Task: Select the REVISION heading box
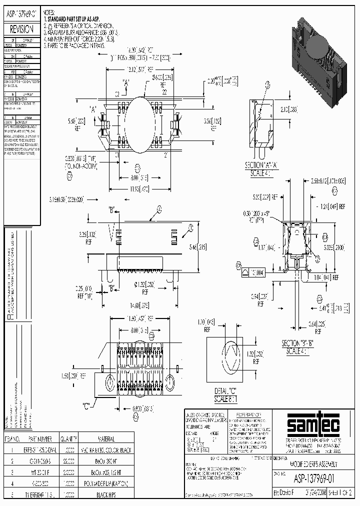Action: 21,29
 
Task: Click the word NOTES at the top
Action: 49,11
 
